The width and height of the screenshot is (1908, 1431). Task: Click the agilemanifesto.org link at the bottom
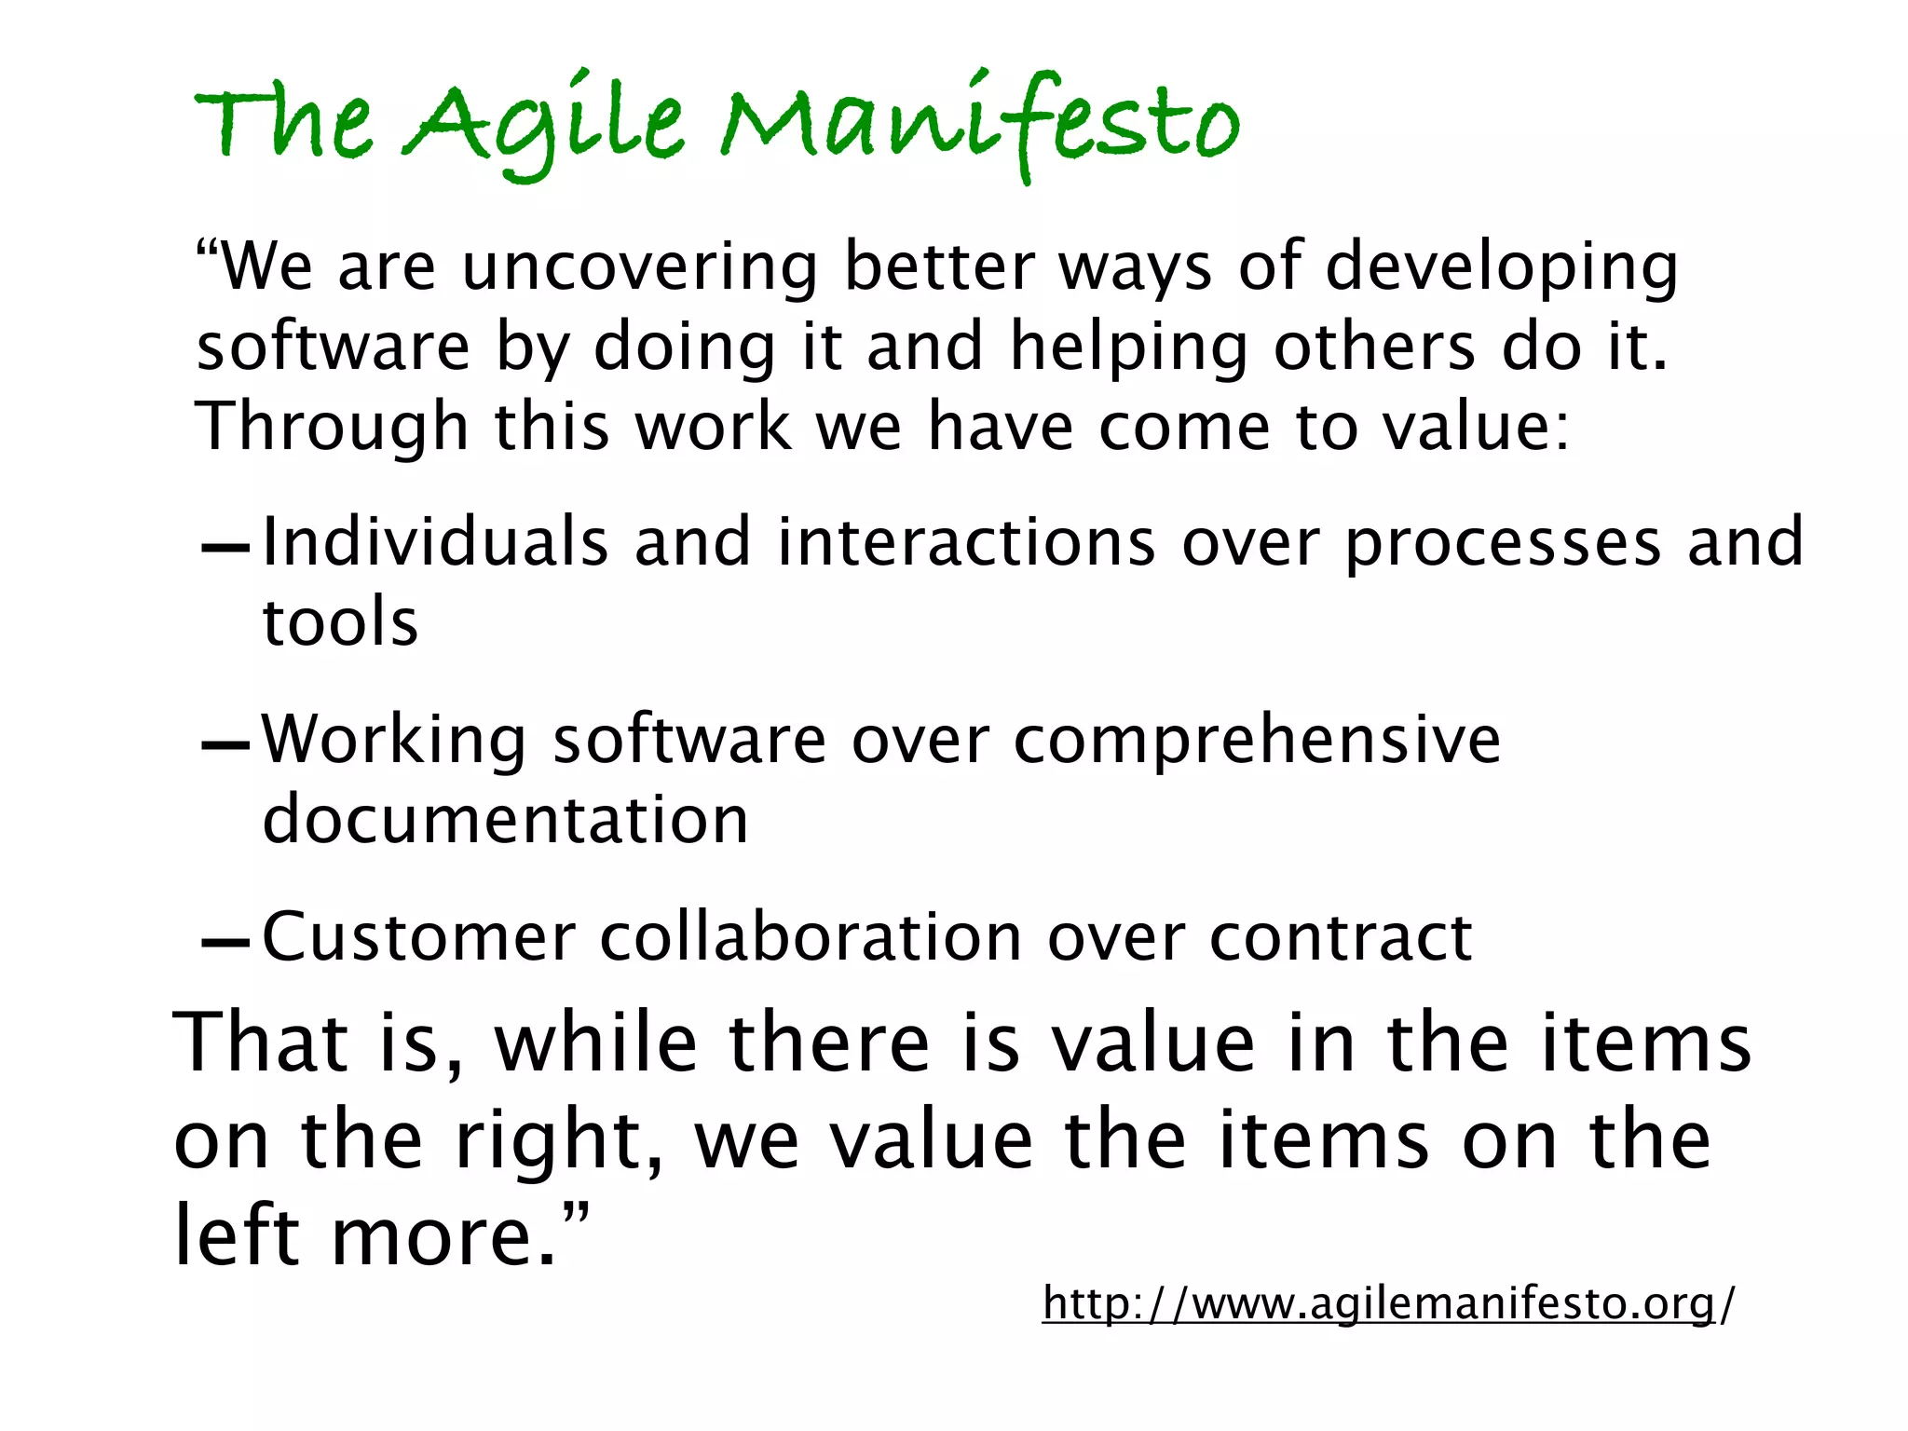coord(1388,1302)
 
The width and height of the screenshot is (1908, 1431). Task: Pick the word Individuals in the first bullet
coord(435,542)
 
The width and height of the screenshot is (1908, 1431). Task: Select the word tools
coord(340,622)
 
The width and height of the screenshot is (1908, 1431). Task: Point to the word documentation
coord(505,820)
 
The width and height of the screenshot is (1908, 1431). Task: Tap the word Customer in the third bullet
coord(418,937)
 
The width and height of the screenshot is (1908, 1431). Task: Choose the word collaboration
coord(811,937)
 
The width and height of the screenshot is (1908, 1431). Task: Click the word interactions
coord(966,542)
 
